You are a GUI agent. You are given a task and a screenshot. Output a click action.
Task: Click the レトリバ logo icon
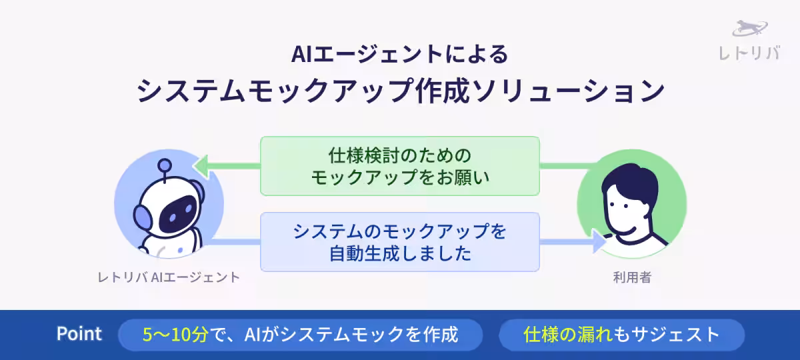tap(750, 29)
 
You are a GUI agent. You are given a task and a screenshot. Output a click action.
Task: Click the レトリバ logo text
tap(749, 53)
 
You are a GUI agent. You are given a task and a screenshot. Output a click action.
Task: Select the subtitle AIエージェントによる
tap(399, 53)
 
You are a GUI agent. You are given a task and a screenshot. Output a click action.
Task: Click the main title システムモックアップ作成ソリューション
tap(400, 91)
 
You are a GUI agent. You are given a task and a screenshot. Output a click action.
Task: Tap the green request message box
tap(399, 166)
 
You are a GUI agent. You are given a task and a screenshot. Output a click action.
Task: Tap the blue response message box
tap(399, 241)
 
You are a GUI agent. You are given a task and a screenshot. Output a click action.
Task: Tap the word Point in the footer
tap(79, 334)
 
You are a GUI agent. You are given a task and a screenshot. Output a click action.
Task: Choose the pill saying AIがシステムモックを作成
tap(300, 335)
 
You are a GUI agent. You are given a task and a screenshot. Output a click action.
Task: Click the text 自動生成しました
tap(400, 254)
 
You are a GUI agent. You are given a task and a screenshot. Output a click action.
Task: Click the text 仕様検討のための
tap(399, 155)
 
